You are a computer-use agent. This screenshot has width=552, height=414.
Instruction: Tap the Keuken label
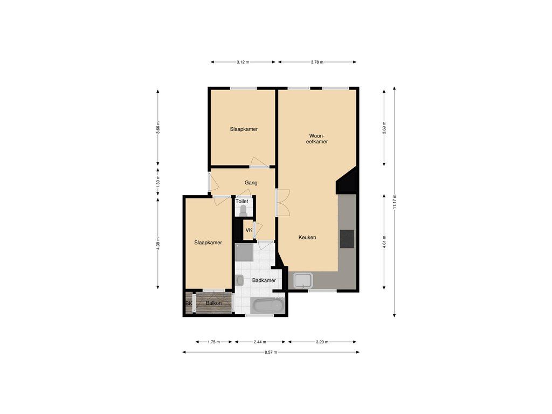[307, 237]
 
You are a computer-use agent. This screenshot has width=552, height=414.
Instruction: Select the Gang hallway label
[251, 183]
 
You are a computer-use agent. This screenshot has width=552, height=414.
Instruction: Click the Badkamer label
[264, 280]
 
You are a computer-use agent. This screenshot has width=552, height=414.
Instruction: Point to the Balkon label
[213, 304]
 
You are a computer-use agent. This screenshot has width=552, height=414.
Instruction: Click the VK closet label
[249, 230]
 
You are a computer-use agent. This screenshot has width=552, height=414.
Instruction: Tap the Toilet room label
[241, 201]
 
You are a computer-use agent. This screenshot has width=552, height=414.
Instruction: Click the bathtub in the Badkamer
[268, 306]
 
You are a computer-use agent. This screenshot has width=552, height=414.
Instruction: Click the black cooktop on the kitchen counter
[347, 238]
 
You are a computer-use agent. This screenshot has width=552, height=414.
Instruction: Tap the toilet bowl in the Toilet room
[243, 209]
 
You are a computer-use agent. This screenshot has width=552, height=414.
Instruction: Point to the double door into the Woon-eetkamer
[281, 203]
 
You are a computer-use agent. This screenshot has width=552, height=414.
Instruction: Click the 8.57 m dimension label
[271, 353]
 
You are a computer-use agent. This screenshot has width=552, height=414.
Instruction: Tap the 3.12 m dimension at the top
[243, 63]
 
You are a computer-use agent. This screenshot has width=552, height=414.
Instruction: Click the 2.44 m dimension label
[260, 342]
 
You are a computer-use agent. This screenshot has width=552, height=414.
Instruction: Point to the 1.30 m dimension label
[158, 182]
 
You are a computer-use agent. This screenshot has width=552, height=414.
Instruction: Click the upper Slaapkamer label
[243, 129]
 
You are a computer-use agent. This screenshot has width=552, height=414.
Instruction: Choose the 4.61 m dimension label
[384, 241]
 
